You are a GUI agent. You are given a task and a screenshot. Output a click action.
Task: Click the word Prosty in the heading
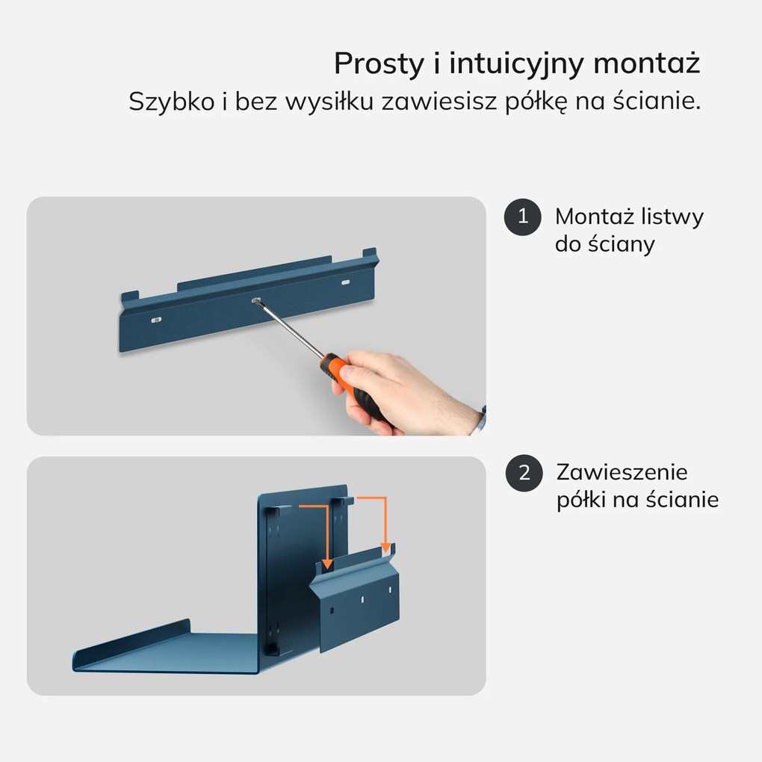tap(379, 64)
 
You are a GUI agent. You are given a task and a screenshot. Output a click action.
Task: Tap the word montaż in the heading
tap(647, 63)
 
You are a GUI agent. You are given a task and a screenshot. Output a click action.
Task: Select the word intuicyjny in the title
tap(516, 64)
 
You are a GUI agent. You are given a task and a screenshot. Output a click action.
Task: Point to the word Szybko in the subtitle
tap(172, 102)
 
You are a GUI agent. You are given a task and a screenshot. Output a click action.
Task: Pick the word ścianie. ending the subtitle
tap(657, 101)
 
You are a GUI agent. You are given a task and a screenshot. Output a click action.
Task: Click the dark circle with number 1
tap(522, 217)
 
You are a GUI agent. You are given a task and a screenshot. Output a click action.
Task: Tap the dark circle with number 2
tap(524, 473)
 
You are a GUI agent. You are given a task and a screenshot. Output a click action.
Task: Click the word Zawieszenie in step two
tap(622, 472)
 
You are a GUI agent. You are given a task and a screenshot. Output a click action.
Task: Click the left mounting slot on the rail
tap(156, 320)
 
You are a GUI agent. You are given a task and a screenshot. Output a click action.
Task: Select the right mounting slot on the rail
tap(346, 282)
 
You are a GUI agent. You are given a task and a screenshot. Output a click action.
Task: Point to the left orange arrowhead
tap(327, 563)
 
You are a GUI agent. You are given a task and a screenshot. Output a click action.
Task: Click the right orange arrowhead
tap(386, 547)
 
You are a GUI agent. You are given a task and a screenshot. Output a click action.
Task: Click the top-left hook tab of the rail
tap(130, 297)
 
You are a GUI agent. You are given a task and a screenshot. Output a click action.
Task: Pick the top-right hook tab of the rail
tap(370, 254)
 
